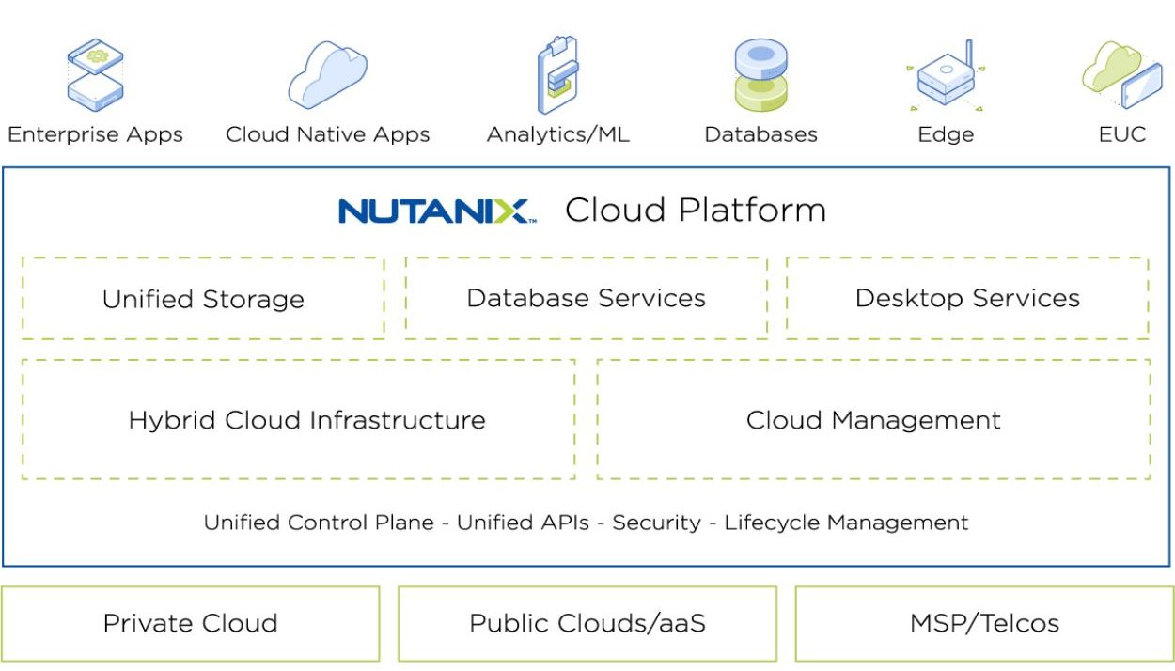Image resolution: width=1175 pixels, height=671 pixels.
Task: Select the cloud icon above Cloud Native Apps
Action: pos(326,74)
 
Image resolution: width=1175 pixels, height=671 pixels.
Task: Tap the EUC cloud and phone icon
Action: pos(1121,74)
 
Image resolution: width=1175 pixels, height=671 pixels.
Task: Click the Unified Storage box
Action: pos(203,299)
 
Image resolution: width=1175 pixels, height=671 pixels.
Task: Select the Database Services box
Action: pos(586,298)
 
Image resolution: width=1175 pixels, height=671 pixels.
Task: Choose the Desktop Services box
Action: pos(967,298)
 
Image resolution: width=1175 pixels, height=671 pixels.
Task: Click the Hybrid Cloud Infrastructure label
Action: pos(306,420)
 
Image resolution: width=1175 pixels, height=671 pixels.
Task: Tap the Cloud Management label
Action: pos(873,420)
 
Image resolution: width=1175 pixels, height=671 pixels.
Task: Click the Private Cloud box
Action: pos(190,623)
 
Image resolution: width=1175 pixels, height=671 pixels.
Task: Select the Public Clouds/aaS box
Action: pos(587,623)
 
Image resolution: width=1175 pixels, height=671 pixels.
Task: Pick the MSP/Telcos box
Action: pos(984,623)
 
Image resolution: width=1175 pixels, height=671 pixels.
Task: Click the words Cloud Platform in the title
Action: pos(695,211)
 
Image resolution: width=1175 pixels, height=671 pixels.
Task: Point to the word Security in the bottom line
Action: pos(656,523)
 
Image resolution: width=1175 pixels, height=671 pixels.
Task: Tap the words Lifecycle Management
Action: pos(846,523)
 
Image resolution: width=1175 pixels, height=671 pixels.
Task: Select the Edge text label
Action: pos(946,134)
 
